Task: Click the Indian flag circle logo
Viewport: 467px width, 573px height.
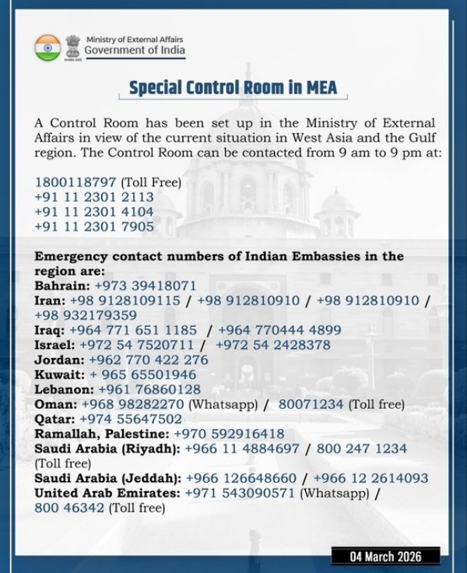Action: click(47, 47)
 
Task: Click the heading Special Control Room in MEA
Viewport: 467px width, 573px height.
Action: click(233, 87)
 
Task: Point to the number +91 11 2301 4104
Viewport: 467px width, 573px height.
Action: click(93, 212)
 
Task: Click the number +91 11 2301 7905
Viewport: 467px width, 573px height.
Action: click(93, 227)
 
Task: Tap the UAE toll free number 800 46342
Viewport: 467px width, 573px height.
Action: click(70, 508)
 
